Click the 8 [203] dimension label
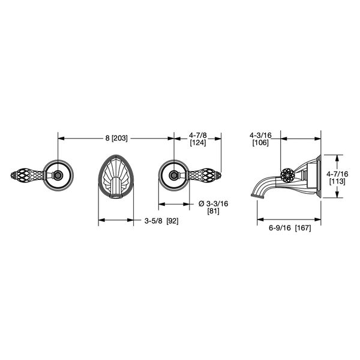116,138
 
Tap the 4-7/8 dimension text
198,136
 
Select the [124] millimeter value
198,143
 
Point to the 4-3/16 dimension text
260,136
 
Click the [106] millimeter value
260,143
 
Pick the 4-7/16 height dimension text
337,174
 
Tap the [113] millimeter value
337,181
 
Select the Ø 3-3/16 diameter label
213,203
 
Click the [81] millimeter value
213,211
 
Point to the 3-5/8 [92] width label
161,221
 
